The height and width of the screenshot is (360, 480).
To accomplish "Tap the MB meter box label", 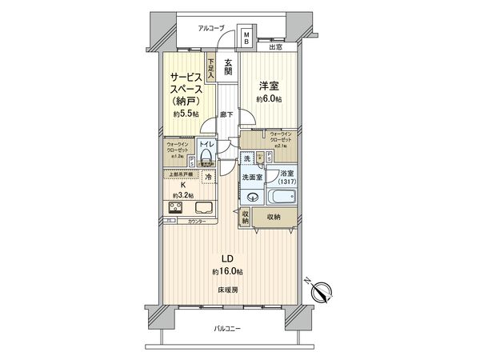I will click(x=247, y=38).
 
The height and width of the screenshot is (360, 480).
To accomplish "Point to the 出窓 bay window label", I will click(x=274, y=46).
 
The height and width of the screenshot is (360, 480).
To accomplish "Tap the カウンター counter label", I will click(x=197, y=221).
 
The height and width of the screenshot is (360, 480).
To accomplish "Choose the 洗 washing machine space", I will click(x=249, y=158).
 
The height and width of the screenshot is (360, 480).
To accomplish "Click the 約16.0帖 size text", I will click(x=226, y=271).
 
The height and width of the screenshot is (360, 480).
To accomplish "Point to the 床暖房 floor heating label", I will click(x=226, y=290).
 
